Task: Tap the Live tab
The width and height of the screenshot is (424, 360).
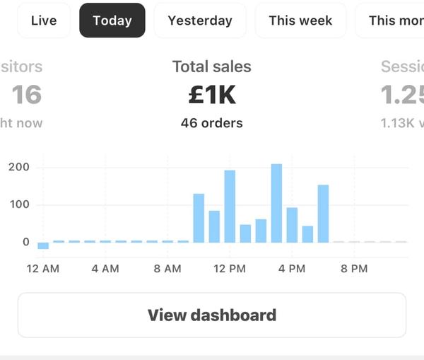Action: (x=44, y=21)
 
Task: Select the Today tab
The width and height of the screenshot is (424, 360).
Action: (x=112, y=21)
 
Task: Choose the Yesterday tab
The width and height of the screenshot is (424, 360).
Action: (x=200, y=21)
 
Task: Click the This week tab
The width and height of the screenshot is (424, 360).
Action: (x=300, y=21)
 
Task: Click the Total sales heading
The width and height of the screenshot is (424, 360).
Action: (x=212, y=67)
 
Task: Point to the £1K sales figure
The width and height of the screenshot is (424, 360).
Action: (x=212, y=95)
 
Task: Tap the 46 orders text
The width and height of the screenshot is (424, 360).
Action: (x=212, y=123)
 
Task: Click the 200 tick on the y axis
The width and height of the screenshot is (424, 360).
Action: (x=19, y=168)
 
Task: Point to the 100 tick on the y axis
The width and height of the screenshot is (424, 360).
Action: (x=19, y=205)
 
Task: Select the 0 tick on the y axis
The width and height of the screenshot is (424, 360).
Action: (x=26, y=242)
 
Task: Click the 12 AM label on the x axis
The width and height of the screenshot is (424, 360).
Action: (x=43, y=269)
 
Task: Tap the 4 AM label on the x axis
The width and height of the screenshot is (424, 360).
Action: (x=105, y=269)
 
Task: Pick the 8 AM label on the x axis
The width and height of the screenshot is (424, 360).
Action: (x=167, y=269)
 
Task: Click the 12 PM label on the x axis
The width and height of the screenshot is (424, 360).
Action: (x=230, y=269)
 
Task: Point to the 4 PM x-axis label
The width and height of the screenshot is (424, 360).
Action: (x=292, y=269)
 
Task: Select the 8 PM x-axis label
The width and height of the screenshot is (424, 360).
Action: (x=354, y=269)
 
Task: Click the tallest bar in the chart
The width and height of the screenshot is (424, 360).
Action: (x=276, y=203)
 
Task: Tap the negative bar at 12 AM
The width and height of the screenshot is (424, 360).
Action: (x=43, y=245)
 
